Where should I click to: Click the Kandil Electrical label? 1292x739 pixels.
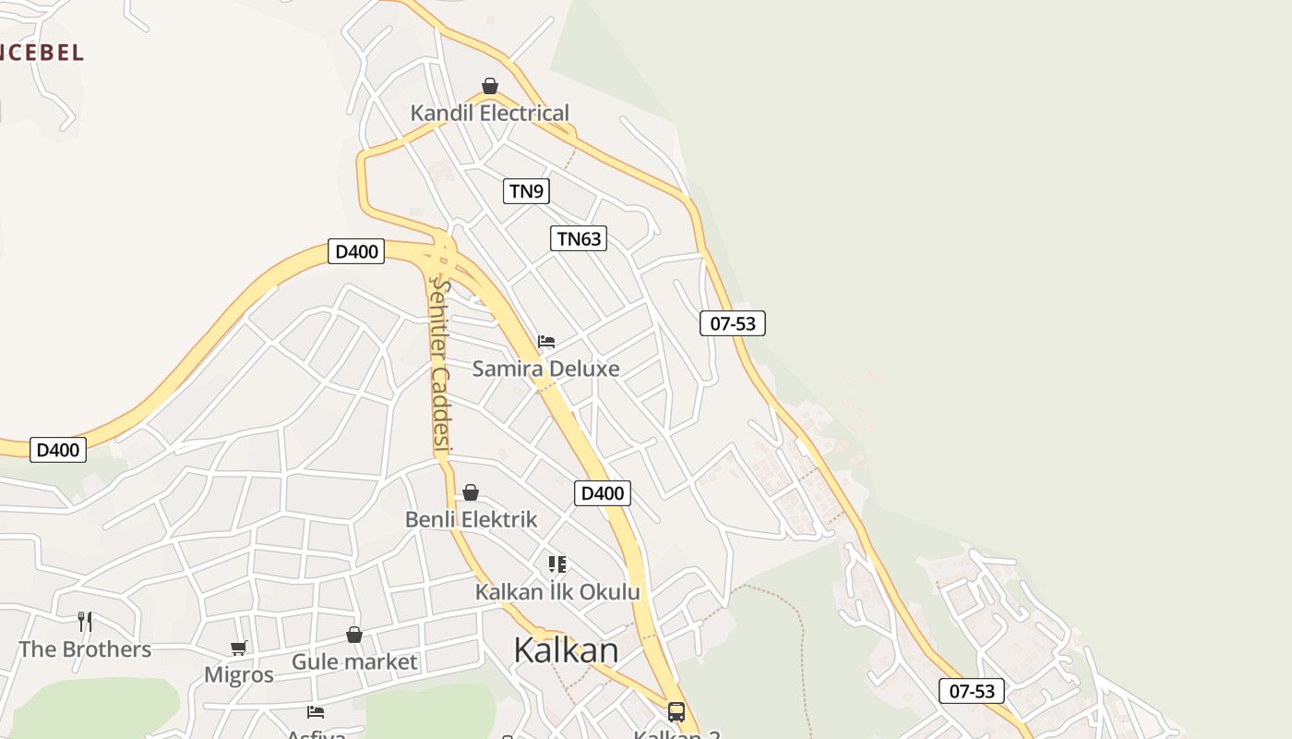click(490, 114)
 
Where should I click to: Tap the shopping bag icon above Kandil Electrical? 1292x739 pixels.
click(490, 87)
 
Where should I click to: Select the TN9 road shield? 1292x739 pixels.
click(527, 191)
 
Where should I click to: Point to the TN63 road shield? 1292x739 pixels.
click(580, 238)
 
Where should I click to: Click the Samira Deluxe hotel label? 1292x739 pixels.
click(545, 369)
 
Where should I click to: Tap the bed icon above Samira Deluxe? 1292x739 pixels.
click(546, 342)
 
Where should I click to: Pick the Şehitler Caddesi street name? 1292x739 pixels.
click(440, 367)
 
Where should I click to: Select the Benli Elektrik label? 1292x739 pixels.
click(471, 519)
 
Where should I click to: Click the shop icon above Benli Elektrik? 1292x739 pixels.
click(471, 492)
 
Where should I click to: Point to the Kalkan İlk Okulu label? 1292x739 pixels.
click(557, 592)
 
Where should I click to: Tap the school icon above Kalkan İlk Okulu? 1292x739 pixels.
click(556, 564)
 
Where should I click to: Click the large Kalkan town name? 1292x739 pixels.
click(566, 650)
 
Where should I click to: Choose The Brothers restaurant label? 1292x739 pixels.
click(85, 649)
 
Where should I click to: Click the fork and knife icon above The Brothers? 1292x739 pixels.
click(85, 622)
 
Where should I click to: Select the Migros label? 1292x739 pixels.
click(239, 675)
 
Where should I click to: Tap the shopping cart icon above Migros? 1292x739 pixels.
click(239, 648)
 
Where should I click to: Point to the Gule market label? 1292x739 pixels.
click(354, 662)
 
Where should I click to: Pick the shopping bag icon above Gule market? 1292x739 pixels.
click(354, 635)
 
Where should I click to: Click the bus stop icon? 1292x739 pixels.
click(676, 712)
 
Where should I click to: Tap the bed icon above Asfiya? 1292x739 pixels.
click(316, 712)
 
